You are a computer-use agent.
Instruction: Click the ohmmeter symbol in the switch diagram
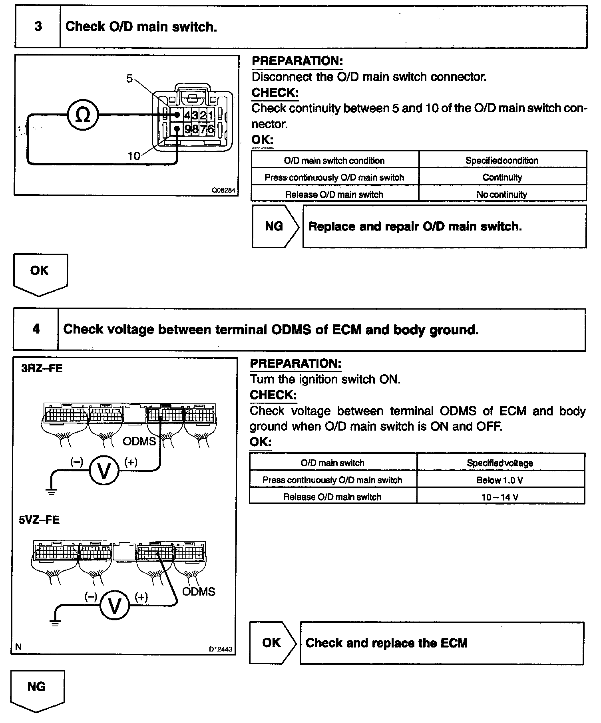pyautogui.click(x=83, y=115)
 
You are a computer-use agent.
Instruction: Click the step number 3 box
pyautogui.click(x=38, y=27)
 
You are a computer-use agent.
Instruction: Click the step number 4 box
pyautogui.click(x=36, y=329)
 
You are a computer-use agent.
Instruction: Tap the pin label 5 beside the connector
pyautogui.click(x=129, y=78)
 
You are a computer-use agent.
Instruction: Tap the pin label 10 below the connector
pyautogui.click(x=134, y=156)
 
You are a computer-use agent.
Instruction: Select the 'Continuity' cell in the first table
pyautogui.click(x=502, y=177)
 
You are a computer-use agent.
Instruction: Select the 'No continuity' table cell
pyautogui.click(x=502, y=195)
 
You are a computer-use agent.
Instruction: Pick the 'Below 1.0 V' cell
pyautogui.click(x=500, y=480)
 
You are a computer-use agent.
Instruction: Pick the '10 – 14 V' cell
pyautogui.click(x=500, y=497)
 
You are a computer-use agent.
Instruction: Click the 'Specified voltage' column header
pyautogui.click(x=500, y=463)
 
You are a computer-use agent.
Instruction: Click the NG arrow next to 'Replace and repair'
pyautogui.click(x=275, y=226)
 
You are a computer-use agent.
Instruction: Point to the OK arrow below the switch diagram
pyautogui.click(x=40, y=273)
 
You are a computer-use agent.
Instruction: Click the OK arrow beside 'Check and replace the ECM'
pyautogui.click(x=272, y=643)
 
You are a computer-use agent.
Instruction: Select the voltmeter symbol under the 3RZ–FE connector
pyautogui.click(x=104, y=471)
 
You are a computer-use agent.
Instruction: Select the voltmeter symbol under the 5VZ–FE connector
pyautogui.click(x=114, y=606)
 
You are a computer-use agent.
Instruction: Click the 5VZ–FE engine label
pyautogui.click(x=39, y=520)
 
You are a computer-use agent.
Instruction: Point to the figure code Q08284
pyautogui.click(x=224, y=190)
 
